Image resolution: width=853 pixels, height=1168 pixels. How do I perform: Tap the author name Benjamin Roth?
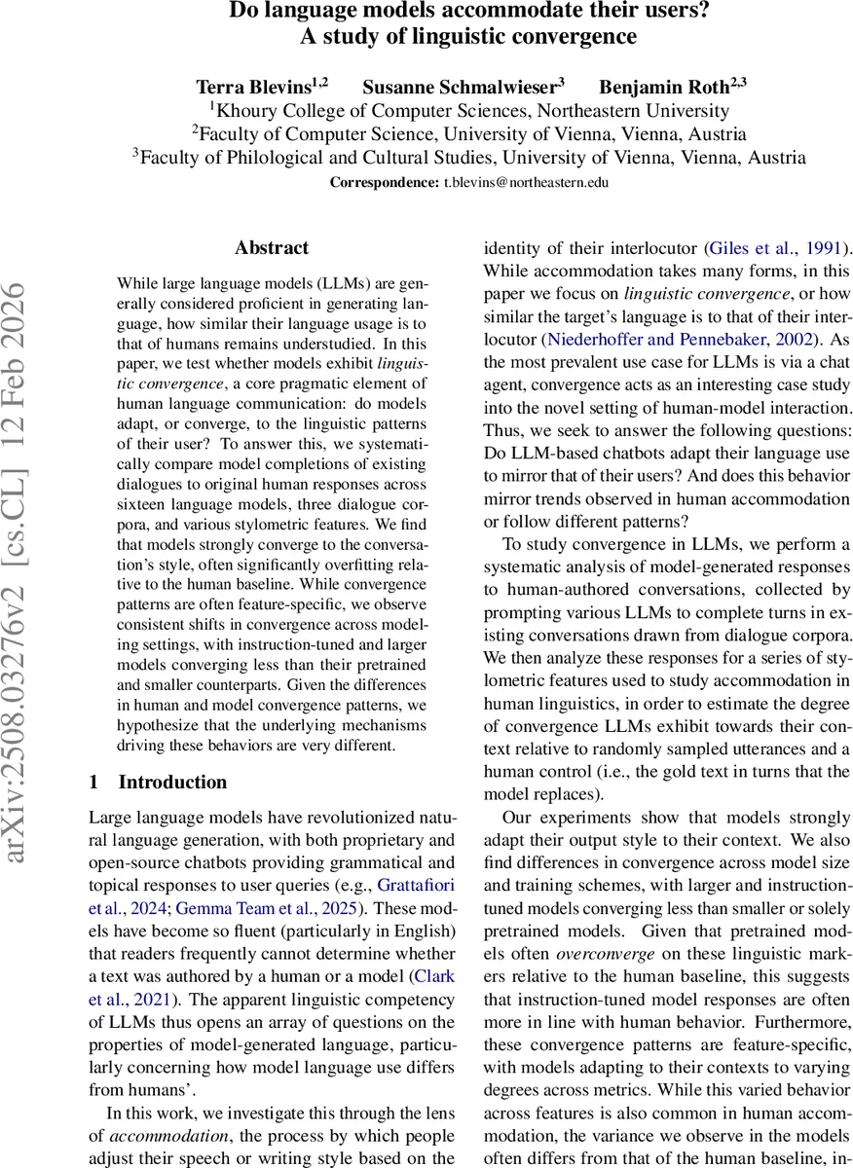(654, 84)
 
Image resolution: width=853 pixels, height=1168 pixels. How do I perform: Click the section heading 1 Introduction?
(158, 782)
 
